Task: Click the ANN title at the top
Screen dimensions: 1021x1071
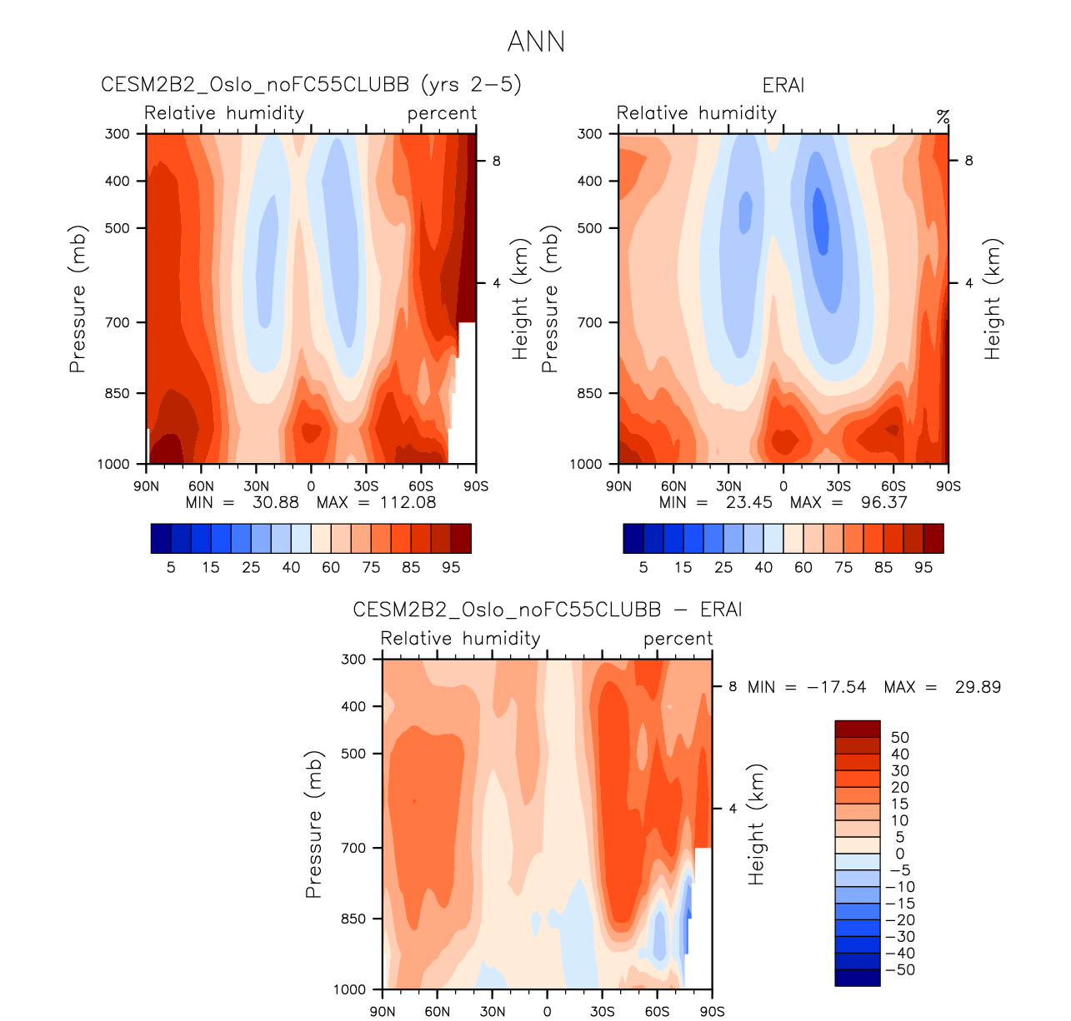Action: (536, 42)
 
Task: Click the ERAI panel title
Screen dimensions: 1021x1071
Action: (783, 86)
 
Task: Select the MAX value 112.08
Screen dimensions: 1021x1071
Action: (408, 502)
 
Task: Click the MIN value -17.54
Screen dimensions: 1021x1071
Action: (837, 687)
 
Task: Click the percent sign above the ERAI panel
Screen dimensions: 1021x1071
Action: (943, 117)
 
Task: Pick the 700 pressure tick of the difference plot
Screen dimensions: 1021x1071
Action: (354, 848)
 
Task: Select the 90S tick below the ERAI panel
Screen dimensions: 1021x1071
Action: (948, 486)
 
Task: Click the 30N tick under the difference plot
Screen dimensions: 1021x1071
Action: (492, 1012)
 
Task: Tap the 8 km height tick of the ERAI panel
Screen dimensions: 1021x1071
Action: (968, 161)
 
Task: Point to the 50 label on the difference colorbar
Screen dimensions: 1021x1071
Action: (900, 737)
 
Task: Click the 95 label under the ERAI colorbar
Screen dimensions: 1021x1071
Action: (923, 567)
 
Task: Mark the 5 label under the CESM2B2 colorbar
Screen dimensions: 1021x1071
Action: (171, 567)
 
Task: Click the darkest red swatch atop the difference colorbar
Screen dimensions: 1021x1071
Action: (858, 729)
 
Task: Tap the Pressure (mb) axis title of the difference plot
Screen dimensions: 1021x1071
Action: (313, 824)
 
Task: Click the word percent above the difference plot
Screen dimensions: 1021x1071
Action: (678, 639)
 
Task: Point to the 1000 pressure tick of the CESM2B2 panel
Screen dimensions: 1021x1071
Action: (115, 465)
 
